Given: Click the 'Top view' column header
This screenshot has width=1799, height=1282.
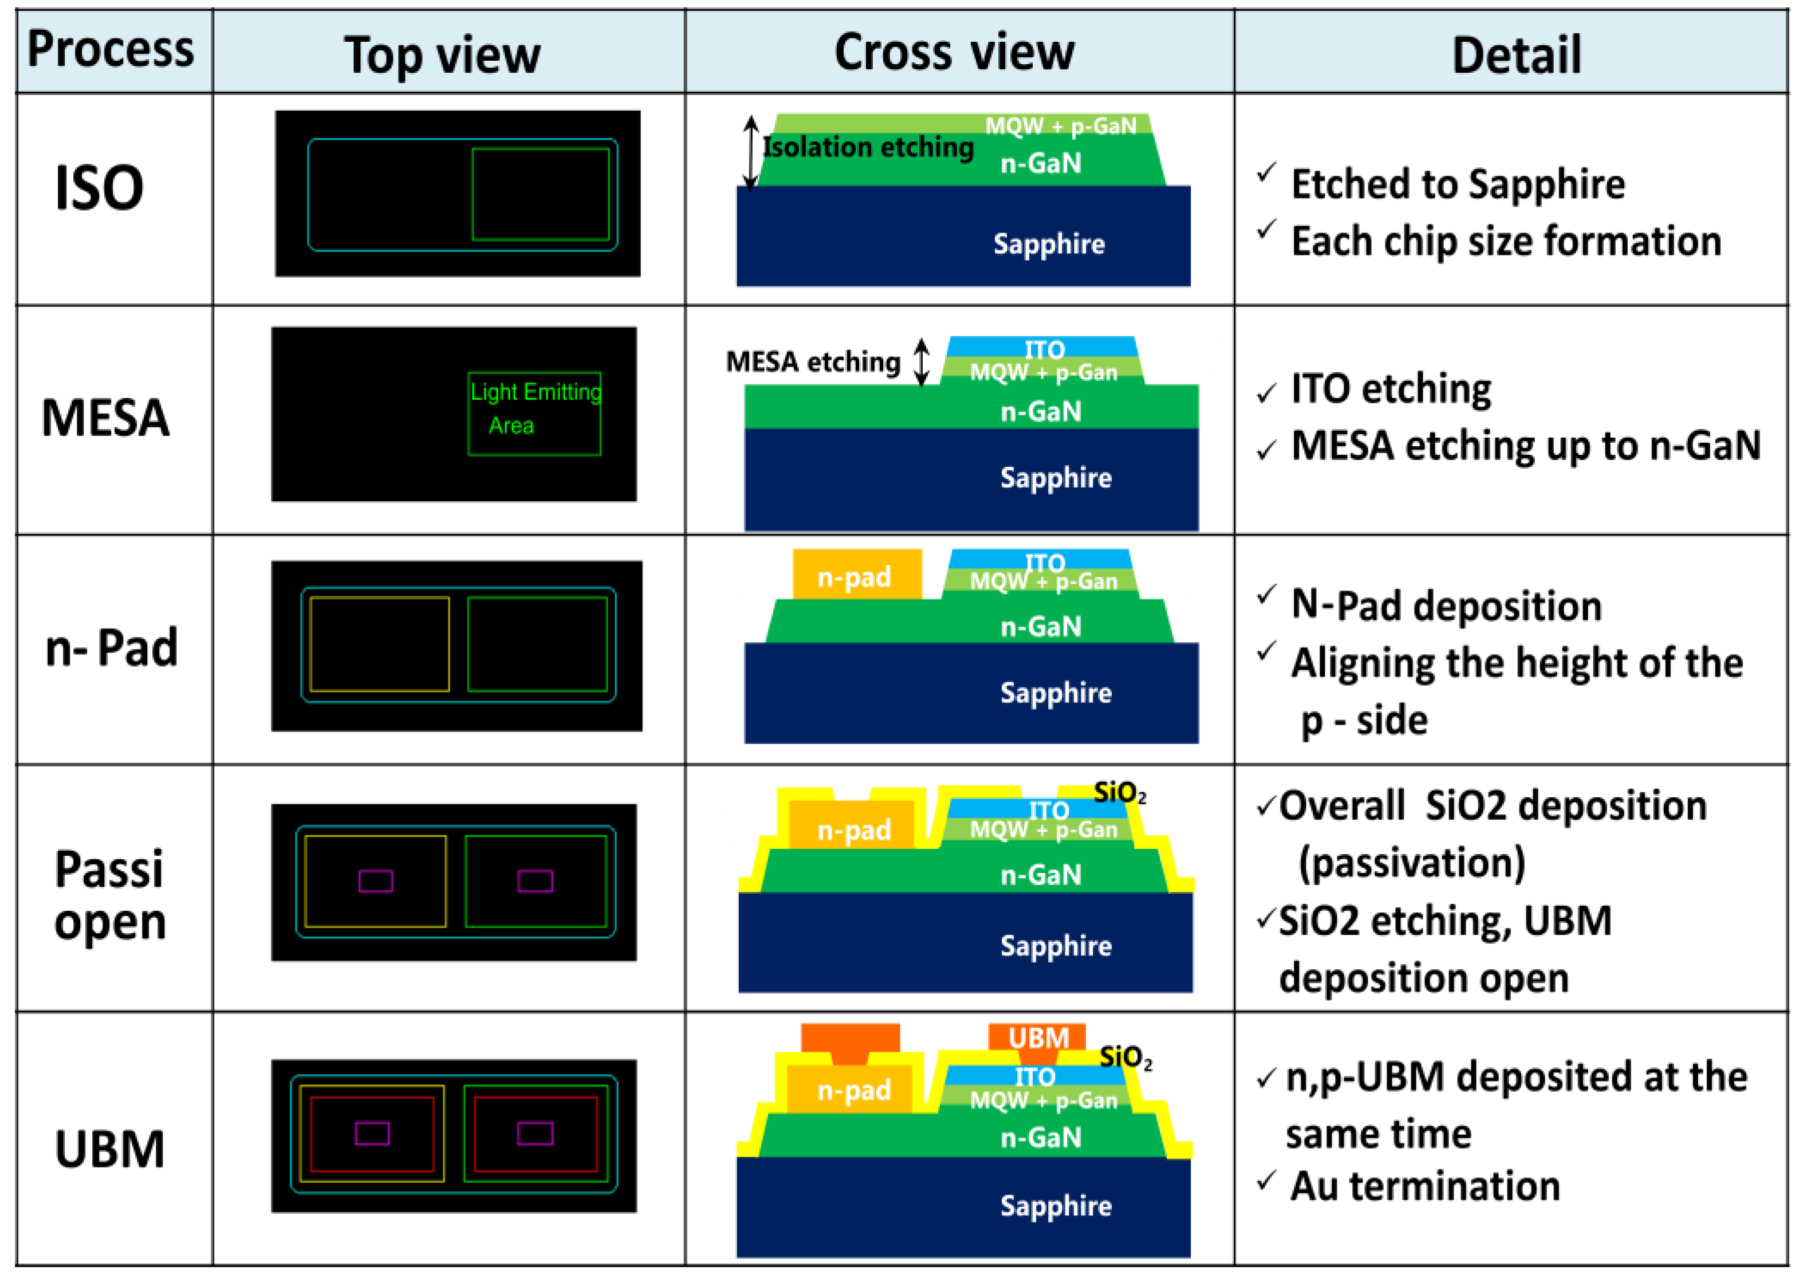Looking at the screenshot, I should pos(442,55).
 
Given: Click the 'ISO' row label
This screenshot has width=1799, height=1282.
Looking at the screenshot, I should pos(100,188).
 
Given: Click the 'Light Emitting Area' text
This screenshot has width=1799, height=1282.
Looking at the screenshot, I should pos(534,408).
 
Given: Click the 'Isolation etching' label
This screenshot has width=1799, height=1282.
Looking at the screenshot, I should pos(868,147).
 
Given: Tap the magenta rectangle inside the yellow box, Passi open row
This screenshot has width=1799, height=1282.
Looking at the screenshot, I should pos(376,880).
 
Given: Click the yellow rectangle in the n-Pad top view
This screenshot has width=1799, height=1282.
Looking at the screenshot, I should pos(379,643).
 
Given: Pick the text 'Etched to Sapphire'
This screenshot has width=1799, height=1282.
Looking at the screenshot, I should pos(1457,184).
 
